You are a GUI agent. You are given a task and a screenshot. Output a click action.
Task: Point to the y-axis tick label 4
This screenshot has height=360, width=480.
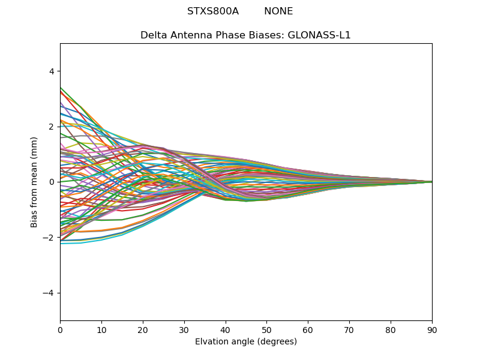point(51,71)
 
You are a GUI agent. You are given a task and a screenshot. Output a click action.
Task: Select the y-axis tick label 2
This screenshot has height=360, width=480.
point(51,127)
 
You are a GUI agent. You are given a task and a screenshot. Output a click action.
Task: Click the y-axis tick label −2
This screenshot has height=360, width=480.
point(49,238)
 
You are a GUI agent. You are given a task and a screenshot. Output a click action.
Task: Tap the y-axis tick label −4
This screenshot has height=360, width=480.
point(49,293)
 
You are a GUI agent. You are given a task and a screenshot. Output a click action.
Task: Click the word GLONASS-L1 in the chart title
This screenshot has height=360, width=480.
point(322,35)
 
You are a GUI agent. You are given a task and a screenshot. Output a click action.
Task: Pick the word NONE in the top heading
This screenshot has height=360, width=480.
point(278,11)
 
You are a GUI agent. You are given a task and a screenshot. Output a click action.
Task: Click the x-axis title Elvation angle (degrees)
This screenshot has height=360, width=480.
point(246,342)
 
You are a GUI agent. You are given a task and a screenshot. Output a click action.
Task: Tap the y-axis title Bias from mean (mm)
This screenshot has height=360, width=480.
point(34,182)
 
